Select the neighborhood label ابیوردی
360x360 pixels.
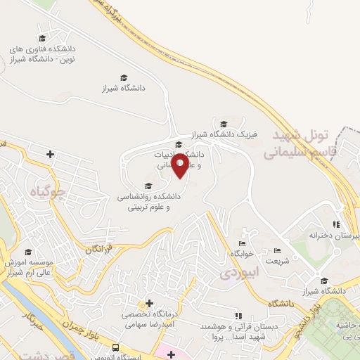240,270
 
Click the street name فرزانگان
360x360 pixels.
99,248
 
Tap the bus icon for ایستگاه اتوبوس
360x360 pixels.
115,347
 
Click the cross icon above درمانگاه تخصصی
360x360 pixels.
148,303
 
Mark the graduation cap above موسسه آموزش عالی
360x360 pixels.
28,252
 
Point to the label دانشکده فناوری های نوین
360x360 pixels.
42,54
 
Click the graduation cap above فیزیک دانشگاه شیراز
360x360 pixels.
224,123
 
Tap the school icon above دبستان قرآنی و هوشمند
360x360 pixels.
237,315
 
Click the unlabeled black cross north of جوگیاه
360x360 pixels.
50,153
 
